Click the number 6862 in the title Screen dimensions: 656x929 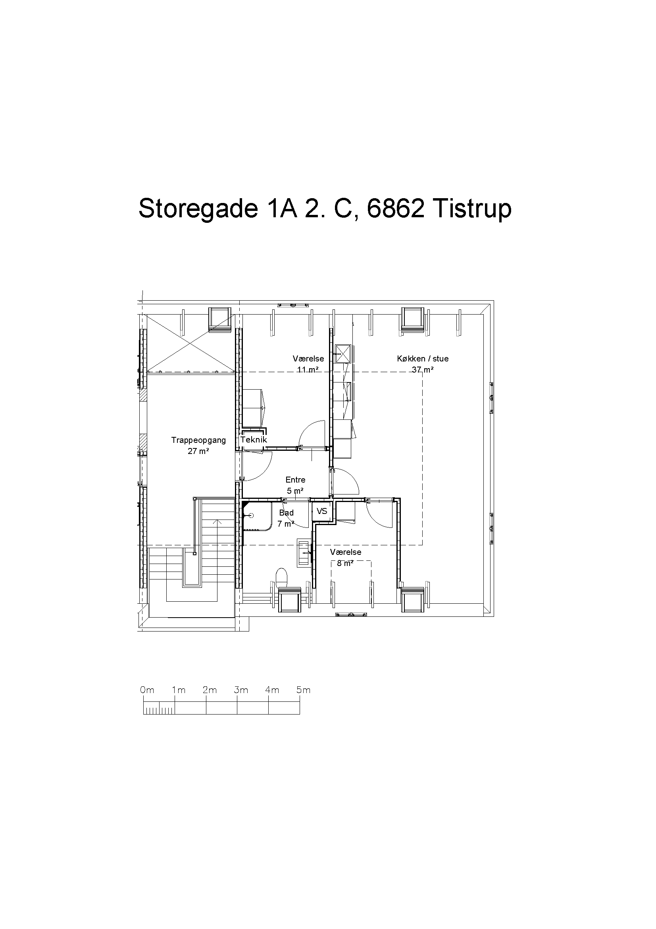tap(396, 209)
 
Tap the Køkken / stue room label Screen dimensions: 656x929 tap(423, 359)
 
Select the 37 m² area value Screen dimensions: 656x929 tap(423, 369)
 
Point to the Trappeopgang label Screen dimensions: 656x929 tap(198, 440)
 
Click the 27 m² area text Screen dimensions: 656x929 tap(198, 451)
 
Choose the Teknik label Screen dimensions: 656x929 tap(254, 439)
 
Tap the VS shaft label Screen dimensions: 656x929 tap(322, 511)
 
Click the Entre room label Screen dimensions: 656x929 tap(296, 479)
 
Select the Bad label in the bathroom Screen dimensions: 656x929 tap(286, 513)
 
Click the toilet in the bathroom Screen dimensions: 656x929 tap(281, 578)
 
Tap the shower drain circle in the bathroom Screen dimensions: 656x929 tap(251, 515)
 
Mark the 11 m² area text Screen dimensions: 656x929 tap(308, 369)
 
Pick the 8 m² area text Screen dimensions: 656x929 tap(346, 563)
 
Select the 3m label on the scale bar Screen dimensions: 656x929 tap(241, 690)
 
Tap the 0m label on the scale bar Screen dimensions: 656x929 tap(147, 690)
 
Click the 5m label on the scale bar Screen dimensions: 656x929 tap(304, 690)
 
